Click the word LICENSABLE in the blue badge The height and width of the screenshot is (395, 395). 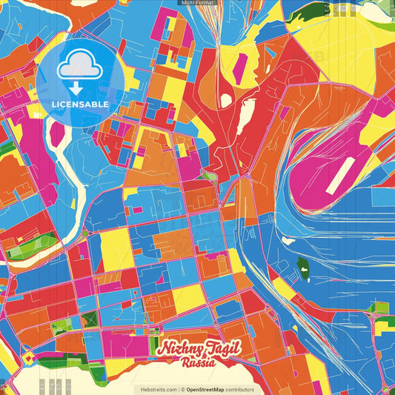[79, 104]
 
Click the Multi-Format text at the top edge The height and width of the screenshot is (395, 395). [197, 3]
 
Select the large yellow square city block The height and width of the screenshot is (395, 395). [116, 248]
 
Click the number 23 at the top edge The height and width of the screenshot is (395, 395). [326, 9]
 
